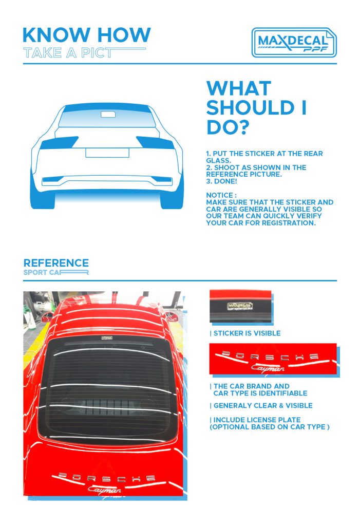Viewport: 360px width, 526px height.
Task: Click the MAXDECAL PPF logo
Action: tap(294, 42)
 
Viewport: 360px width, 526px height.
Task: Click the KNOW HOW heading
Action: tap(87, 35)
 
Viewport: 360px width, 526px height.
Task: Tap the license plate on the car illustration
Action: tap(107, 153)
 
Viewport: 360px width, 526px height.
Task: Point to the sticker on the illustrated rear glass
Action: tap(108, 115)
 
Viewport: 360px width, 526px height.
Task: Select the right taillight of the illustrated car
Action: tap(155, 142)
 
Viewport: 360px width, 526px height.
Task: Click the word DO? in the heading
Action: tap(228, 127)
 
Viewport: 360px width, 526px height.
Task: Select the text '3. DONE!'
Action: tap(221, 181)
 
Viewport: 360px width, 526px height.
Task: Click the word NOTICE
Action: tap(220, 195)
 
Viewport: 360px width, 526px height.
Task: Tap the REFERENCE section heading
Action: tap(56, 262)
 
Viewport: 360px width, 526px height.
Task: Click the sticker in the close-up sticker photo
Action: tap(239, 306)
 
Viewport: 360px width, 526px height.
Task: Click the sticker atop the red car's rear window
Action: tap(107, 338)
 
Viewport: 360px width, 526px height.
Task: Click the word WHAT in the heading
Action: tap(239, 88)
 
